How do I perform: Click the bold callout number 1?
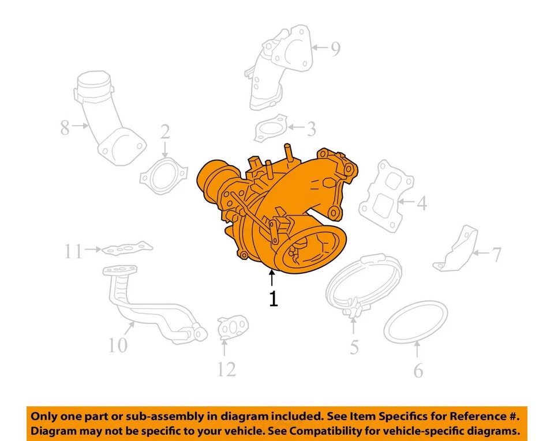point(274,299)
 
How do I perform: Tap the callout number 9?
point(335,50)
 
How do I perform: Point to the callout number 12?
point(226,368)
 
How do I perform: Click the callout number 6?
point(418,370)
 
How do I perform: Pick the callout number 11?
point(73,252)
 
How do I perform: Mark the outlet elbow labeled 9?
point(277,69)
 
